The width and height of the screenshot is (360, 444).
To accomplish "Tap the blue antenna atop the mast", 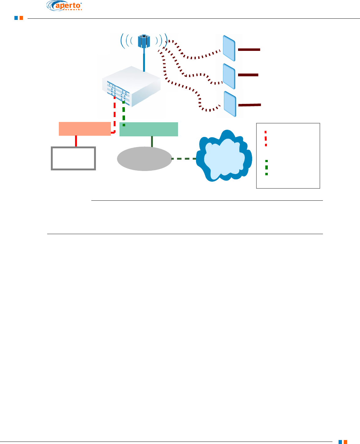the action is click(x=143, y=41).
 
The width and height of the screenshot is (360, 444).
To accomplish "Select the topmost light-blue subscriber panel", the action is click(x=229, y=48).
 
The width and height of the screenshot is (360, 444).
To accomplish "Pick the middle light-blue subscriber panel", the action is click(x=229, y=76).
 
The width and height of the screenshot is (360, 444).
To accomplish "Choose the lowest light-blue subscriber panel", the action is click(x=230, y=104).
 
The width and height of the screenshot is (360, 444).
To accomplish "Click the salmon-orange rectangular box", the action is click(x=85, y=129).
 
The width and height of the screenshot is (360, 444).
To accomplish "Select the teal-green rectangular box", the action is click(x=149, y=129).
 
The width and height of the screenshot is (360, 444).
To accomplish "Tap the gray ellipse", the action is click(x=144, y=158).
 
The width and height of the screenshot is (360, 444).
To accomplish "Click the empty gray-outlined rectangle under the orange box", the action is click(x=73, y=158).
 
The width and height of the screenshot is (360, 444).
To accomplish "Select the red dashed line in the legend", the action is click(x=266, y=139).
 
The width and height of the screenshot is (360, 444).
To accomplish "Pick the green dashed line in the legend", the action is click(x=266, y=167).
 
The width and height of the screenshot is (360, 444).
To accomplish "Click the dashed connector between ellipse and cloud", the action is click(x=184, y=159).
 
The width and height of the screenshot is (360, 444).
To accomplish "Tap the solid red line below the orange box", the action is click(x=76, y=141).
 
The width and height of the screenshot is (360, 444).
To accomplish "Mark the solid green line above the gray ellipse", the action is click(x=152, y=141).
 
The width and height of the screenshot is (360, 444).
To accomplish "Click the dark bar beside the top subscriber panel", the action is click(x=249, y=49).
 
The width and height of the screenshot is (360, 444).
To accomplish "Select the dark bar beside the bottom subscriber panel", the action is click(x=249, y=105).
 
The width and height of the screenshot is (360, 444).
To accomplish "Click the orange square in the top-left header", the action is click(x=21, y=18).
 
